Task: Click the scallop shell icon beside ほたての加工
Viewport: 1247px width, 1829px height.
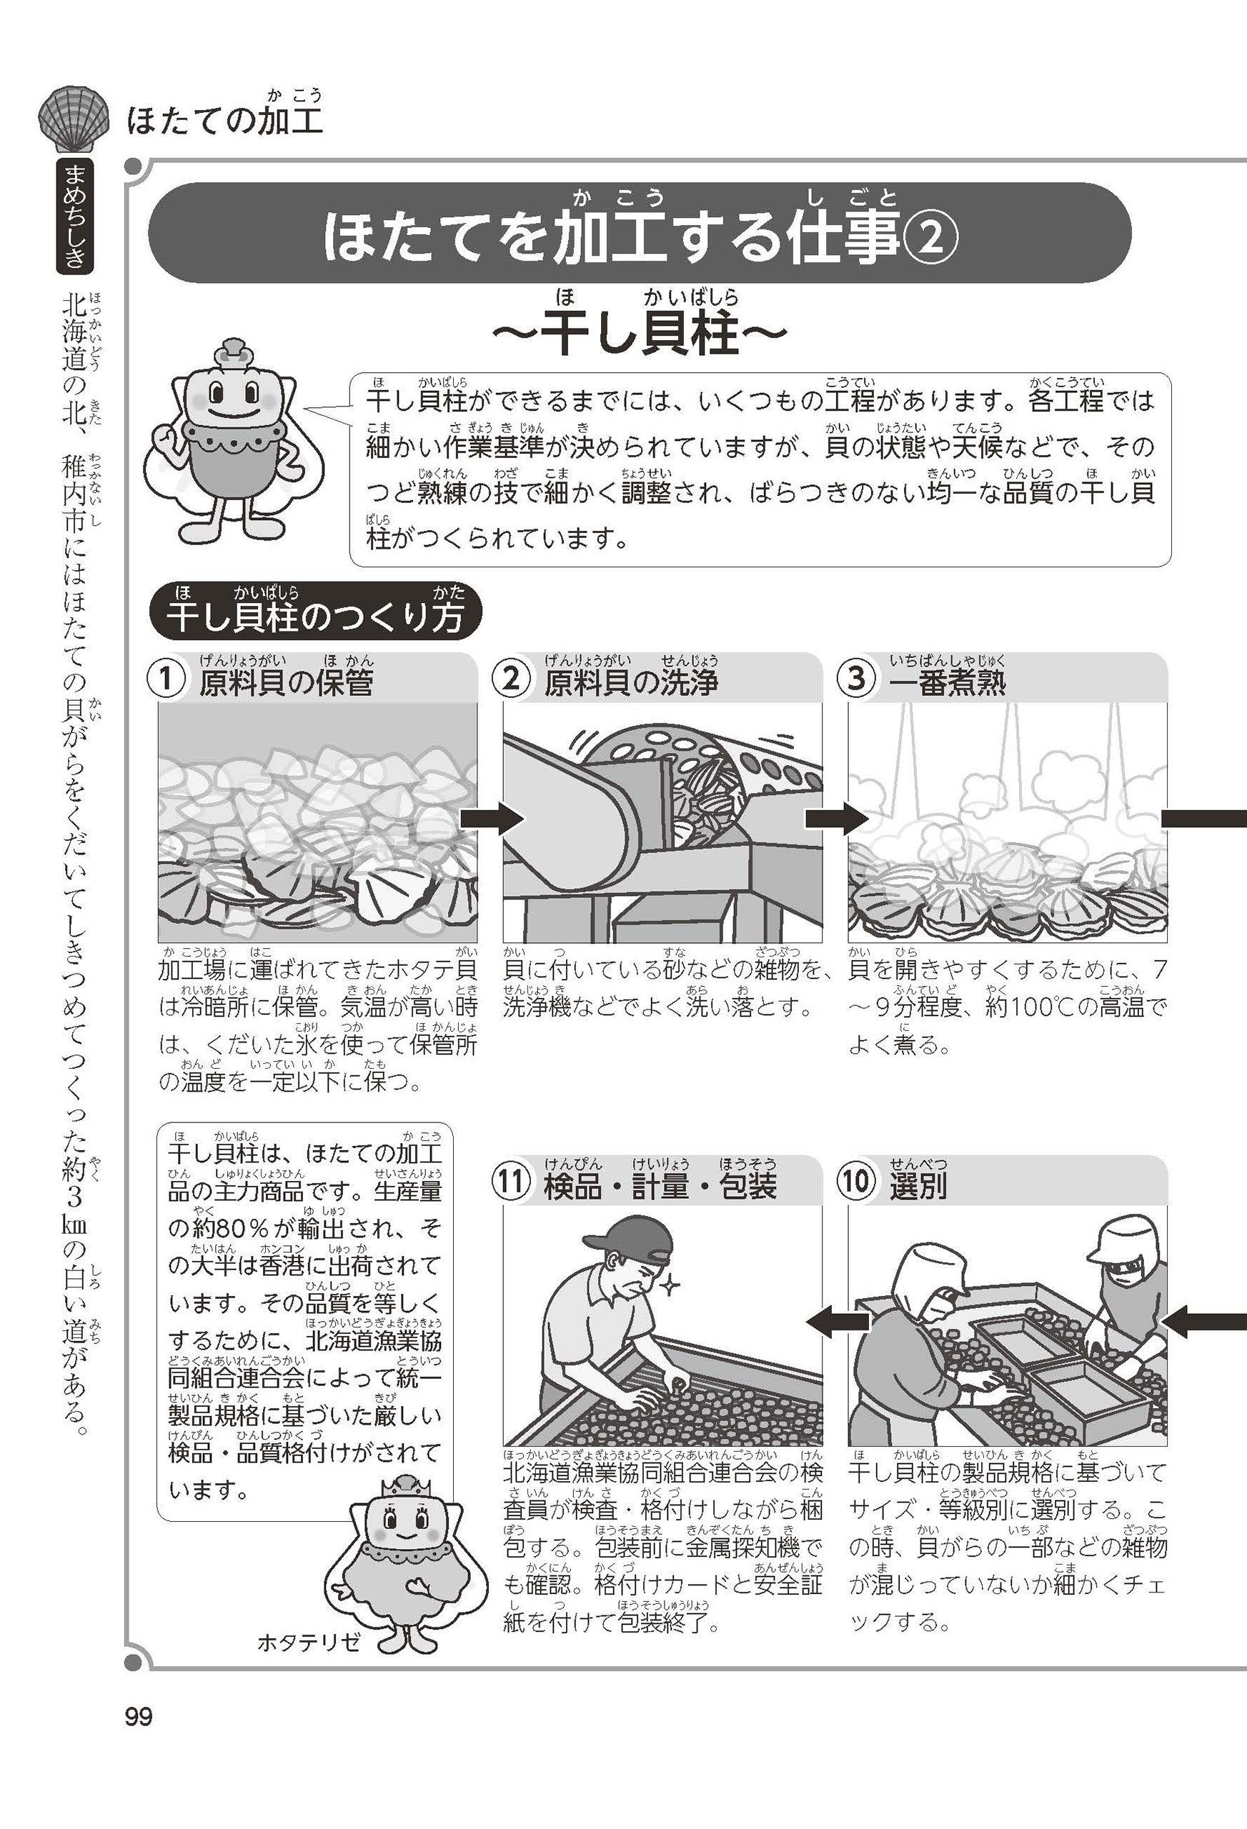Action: [x=72, y=119]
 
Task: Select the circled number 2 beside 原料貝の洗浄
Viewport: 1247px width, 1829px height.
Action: [x=512, y=679]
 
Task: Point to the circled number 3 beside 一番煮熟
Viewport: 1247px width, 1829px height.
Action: [x=857, y=679]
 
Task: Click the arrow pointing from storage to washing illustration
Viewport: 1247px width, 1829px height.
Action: [x=491, y=819]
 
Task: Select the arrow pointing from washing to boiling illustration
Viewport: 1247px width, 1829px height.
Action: [x=836, y=819]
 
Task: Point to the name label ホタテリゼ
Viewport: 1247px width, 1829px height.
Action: [x=309, y=1643]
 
